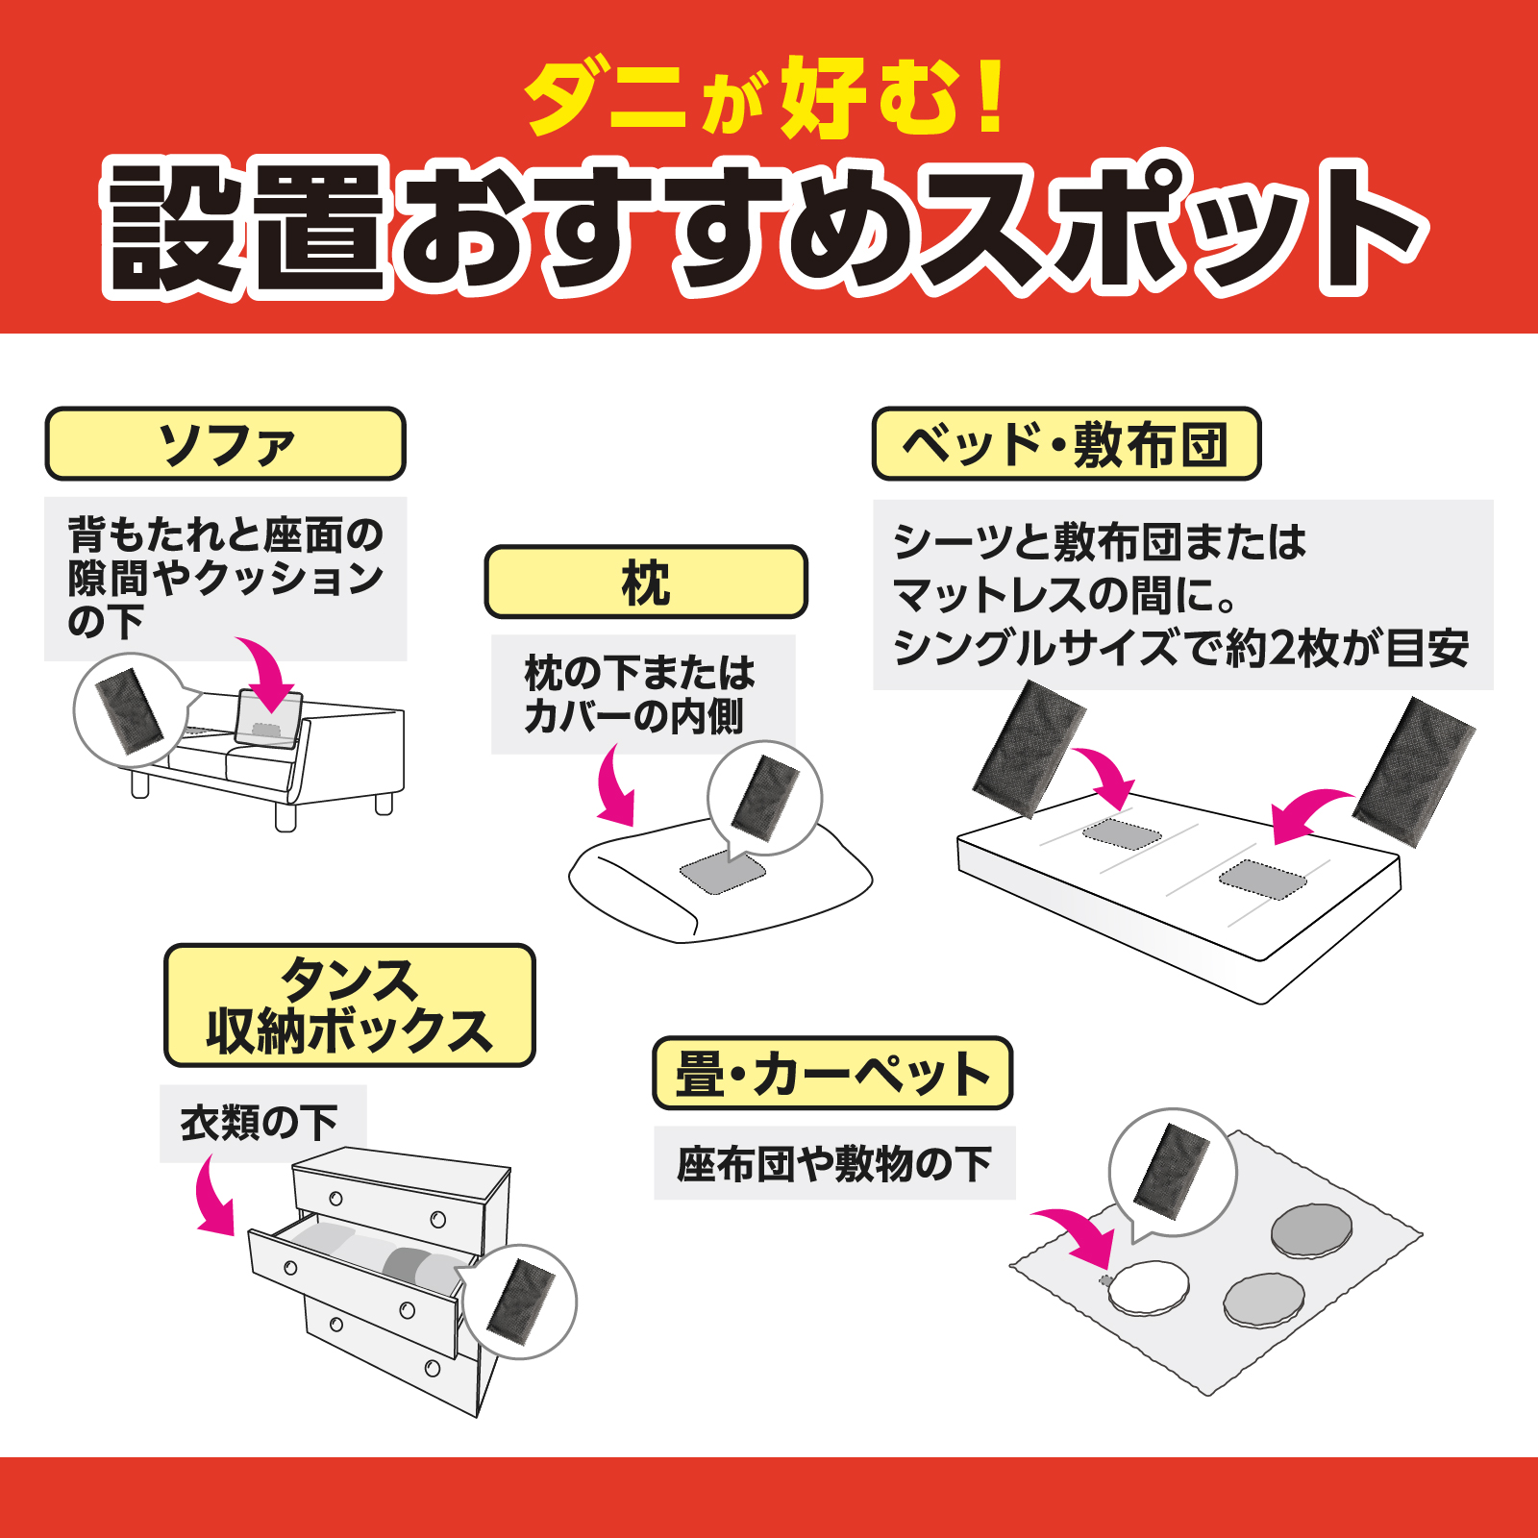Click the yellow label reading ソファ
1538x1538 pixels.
tap(225, 444)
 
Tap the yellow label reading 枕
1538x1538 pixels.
tap(645, 583)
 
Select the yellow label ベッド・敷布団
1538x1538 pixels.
tap(1065, 444)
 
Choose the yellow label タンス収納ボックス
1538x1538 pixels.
tap(349, 1005)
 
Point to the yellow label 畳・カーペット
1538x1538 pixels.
tap(832, 1073)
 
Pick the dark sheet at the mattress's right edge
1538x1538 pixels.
tap(1413, 772)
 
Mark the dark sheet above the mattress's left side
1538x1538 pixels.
tap(1029, 748)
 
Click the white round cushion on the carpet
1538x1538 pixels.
tap(1148, 1287)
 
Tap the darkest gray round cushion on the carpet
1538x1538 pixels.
tap(1311, 1229)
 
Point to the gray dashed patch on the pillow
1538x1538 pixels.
tap(723, 871)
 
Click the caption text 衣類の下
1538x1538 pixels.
tap(260, 1123)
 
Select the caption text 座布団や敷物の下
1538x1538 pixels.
tap(833, 1164)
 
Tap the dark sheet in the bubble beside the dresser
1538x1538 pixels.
tap(521, 1302)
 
